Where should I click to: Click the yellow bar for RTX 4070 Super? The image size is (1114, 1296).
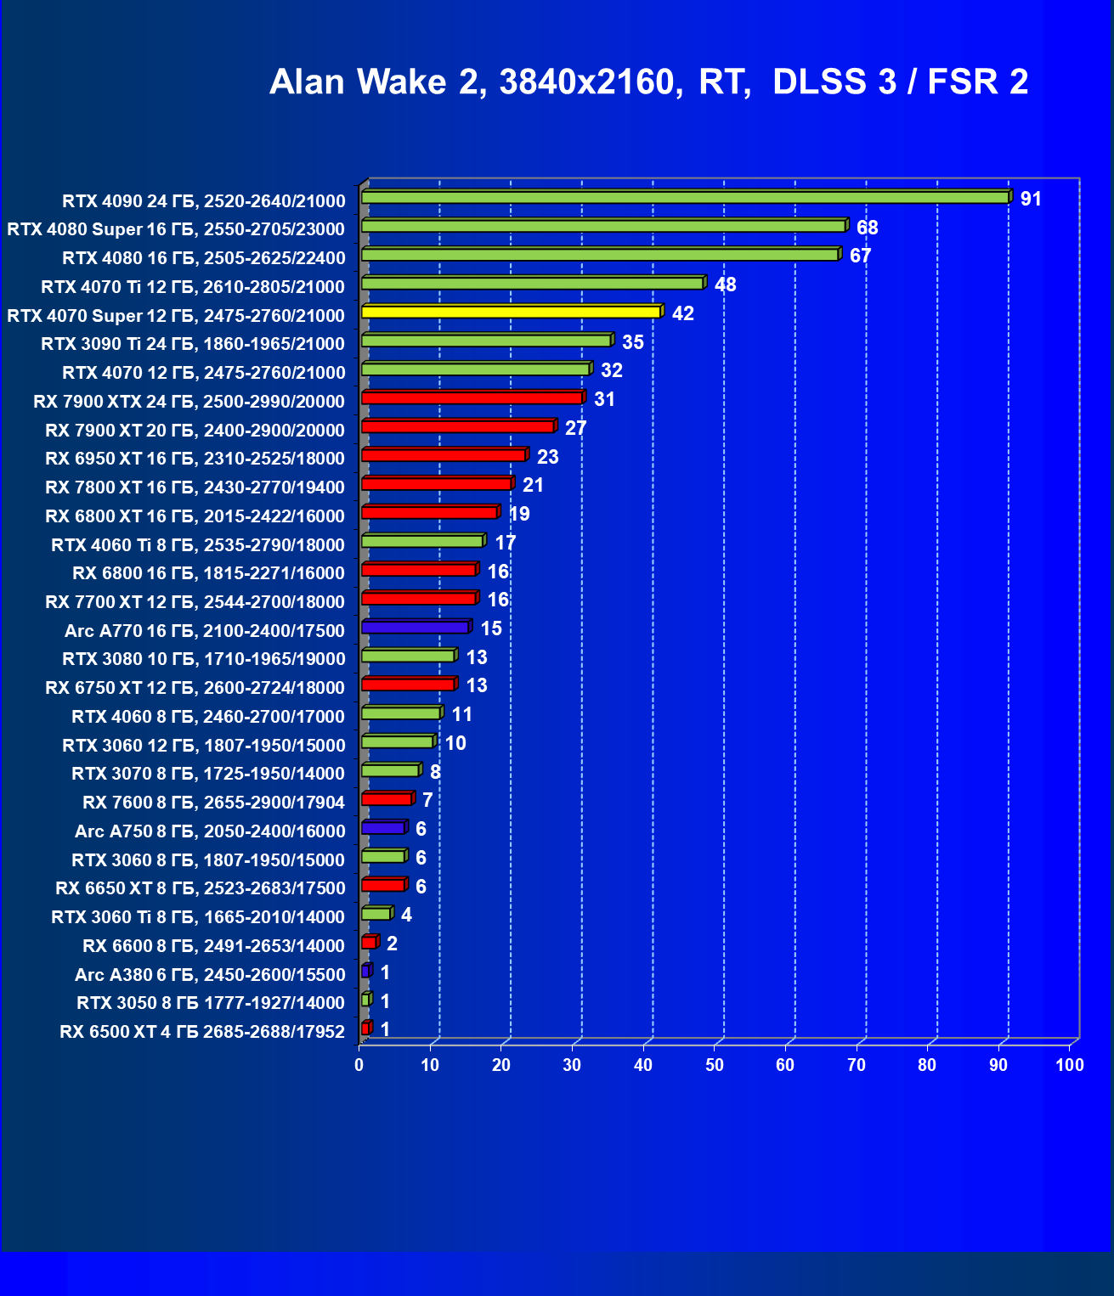point(511,312)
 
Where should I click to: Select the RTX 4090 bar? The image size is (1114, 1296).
point(685,197)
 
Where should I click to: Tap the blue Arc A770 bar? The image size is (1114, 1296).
point(416,627)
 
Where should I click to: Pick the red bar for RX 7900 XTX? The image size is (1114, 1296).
point(472,397)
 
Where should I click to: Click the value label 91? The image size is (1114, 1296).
point(1031,200)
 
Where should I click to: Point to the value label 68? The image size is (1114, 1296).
point(867,228)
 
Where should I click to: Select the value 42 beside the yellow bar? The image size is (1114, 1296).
point(682,314)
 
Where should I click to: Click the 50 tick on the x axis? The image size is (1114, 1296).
point(715,1065)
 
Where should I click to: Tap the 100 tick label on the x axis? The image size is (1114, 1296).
point(1070,1065)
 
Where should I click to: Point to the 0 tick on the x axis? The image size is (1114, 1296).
point(359,1065)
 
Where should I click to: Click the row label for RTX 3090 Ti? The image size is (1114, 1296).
point(193,344)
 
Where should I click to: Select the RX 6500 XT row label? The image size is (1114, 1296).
point(202,1032)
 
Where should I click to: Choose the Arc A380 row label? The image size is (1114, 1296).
point(210,975)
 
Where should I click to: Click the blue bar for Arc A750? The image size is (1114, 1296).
point(383,828)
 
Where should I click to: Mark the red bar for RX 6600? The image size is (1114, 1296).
point(369,943)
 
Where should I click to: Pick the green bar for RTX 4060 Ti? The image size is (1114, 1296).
point(422,541)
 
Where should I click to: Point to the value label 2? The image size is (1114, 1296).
point(392,944)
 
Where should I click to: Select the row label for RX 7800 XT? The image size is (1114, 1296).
point(195,487)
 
